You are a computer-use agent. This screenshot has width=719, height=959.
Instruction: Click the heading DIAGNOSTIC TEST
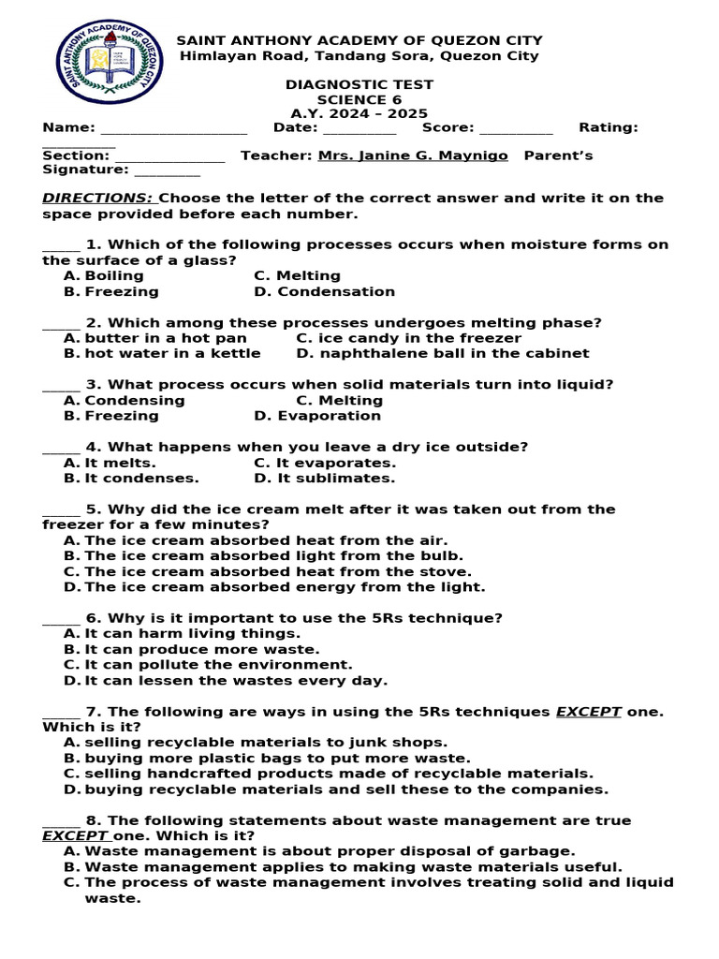(359, 85)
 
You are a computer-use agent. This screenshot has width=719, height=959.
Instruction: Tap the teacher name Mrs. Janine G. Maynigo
(413, 155)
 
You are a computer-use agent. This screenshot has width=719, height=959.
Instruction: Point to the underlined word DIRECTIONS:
(98, 199)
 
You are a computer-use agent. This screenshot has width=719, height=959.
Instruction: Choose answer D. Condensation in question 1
(324, 292)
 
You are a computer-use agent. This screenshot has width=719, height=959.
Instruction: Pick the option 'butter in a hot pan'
(166, 338)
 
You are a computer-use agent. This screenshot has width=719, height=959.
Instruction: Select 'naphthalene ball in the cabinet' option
(443, 354)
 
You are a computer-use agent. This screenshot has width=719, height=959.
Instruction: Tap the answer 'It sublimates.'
(324, 479)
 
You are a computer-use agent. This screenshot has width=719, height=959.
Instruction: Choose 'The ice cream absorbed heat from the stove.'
(278, 572)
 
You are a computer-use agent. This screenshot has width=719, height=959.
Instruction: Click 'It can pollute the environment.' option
(218, 665)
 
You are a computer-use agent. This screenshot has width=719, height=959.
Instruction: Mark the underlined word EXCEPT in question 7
(589, 712)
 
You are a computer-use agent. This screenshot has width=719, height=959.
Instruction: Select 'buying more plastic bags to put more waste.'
(277, 759)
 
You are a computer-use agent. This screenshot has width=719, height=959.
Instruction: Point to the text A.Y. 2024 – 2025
(359, 113)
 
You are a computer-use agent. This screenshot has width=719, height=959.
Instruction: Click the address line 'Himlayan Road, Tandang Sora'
(359, 56)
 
